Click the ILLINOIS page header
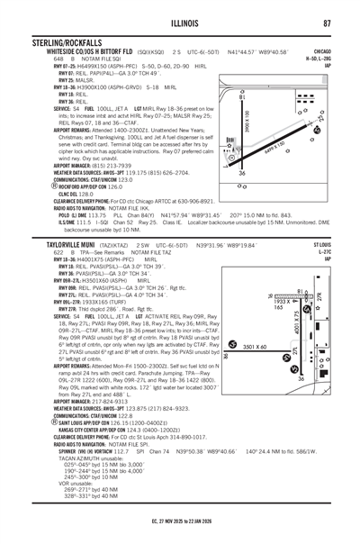[179, 23]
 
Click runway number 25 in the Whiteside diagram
[321, 117]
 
